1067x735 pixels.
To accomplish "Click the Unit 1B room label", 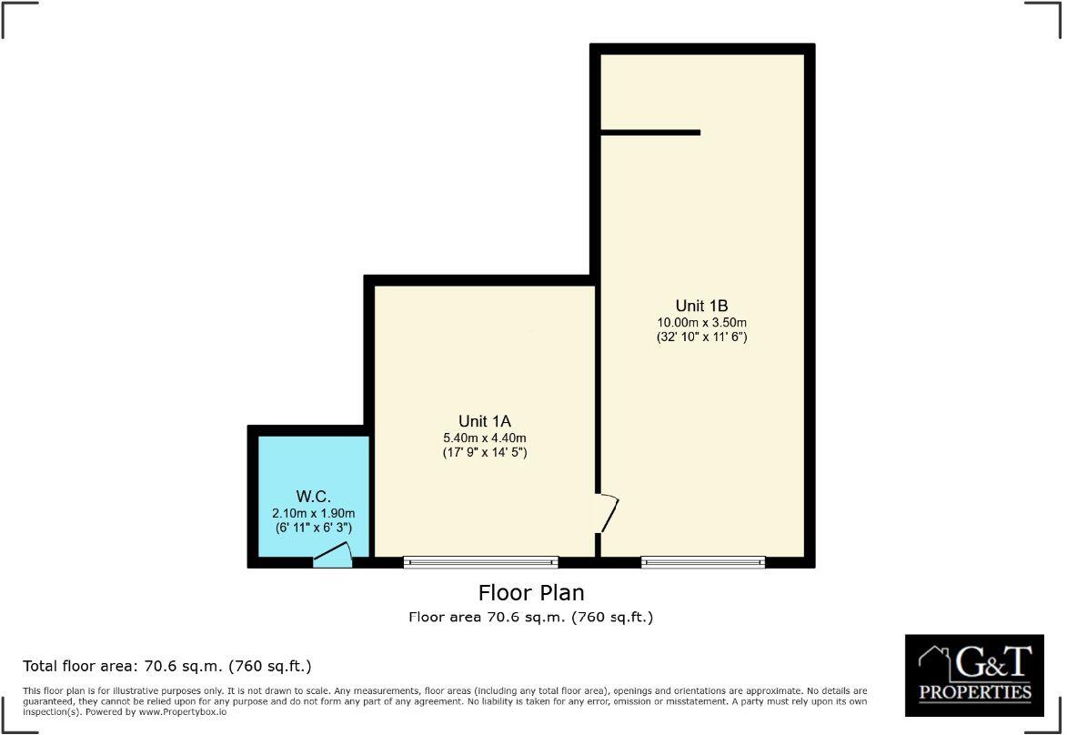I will click(x=701, y=306).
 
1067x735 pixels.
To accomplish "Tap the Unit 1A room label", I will click(x=485, y=421).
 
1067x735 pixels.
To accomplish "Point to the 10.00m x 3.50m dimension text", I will click(x=701, y=322).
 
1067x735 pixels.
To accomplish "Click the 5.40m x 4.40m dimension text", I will click(x=485, y=438).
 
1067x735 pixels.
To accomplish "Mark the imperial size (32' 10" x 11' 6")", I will click(x=701, y=337).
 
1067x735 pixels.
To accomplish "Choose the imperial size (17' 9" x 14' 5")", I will click(x=485, y=452).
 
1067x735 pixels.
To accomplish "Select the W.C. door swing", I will click(x=334, y=555).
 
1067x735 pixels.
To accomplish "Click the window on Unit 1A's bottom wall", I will click(x=480, y=562).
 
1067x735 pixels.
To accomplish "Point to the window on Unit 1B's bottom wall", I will click(x=703, y=562).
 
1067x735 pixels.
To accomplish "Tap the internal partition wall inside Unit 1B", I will click(x=650, y=133).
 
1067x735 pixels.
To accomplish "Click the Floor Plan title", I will click(x=531, y=593).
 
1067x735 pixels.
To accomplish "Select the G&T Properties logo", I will click(x=974, y=674).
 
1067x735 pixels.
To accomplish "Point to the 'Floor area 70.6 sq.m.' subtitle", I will click(x=531, y=618).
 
